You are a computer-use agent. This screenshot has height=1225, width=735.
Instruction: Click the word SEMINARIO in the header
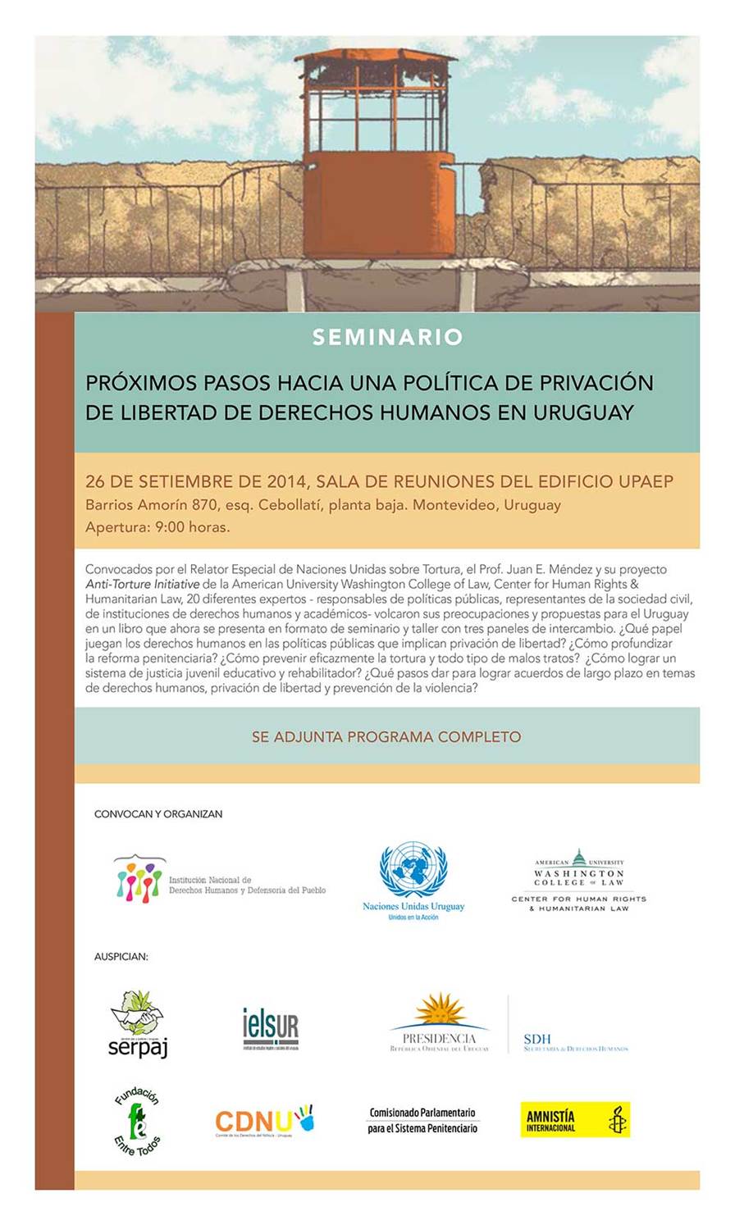387,337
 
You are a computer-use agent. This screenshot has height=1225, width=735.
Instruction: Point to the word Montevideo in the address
454,505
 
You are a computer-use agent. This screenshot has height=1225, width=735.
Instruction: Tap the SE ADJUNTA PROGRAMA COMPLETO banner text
386,736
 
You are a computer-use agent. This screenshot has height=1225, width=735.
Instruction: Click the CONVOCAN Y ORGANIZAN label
158,814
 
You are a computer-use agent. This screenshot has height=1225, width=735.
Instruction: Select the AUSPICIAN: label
121,956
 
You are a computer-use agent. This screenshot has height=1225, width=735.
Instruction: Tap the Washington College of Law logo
578,881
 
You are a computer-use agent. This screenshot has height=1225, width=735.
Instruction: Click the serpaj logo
138,1024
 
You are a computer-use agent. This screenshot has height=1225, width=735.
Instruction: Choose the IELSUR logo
271,1028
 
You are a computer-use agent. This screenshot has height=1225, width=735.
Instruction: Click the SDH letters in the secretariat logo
537,1039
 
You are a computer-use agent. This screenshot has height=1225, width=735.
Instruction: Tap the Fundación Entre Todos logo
138,1120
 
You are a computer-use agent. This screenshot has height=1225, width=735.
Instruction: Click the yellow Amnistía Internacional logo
575,1120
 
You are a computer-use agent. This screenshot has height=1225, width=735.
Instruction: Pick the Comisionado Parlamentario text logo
422,1120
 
